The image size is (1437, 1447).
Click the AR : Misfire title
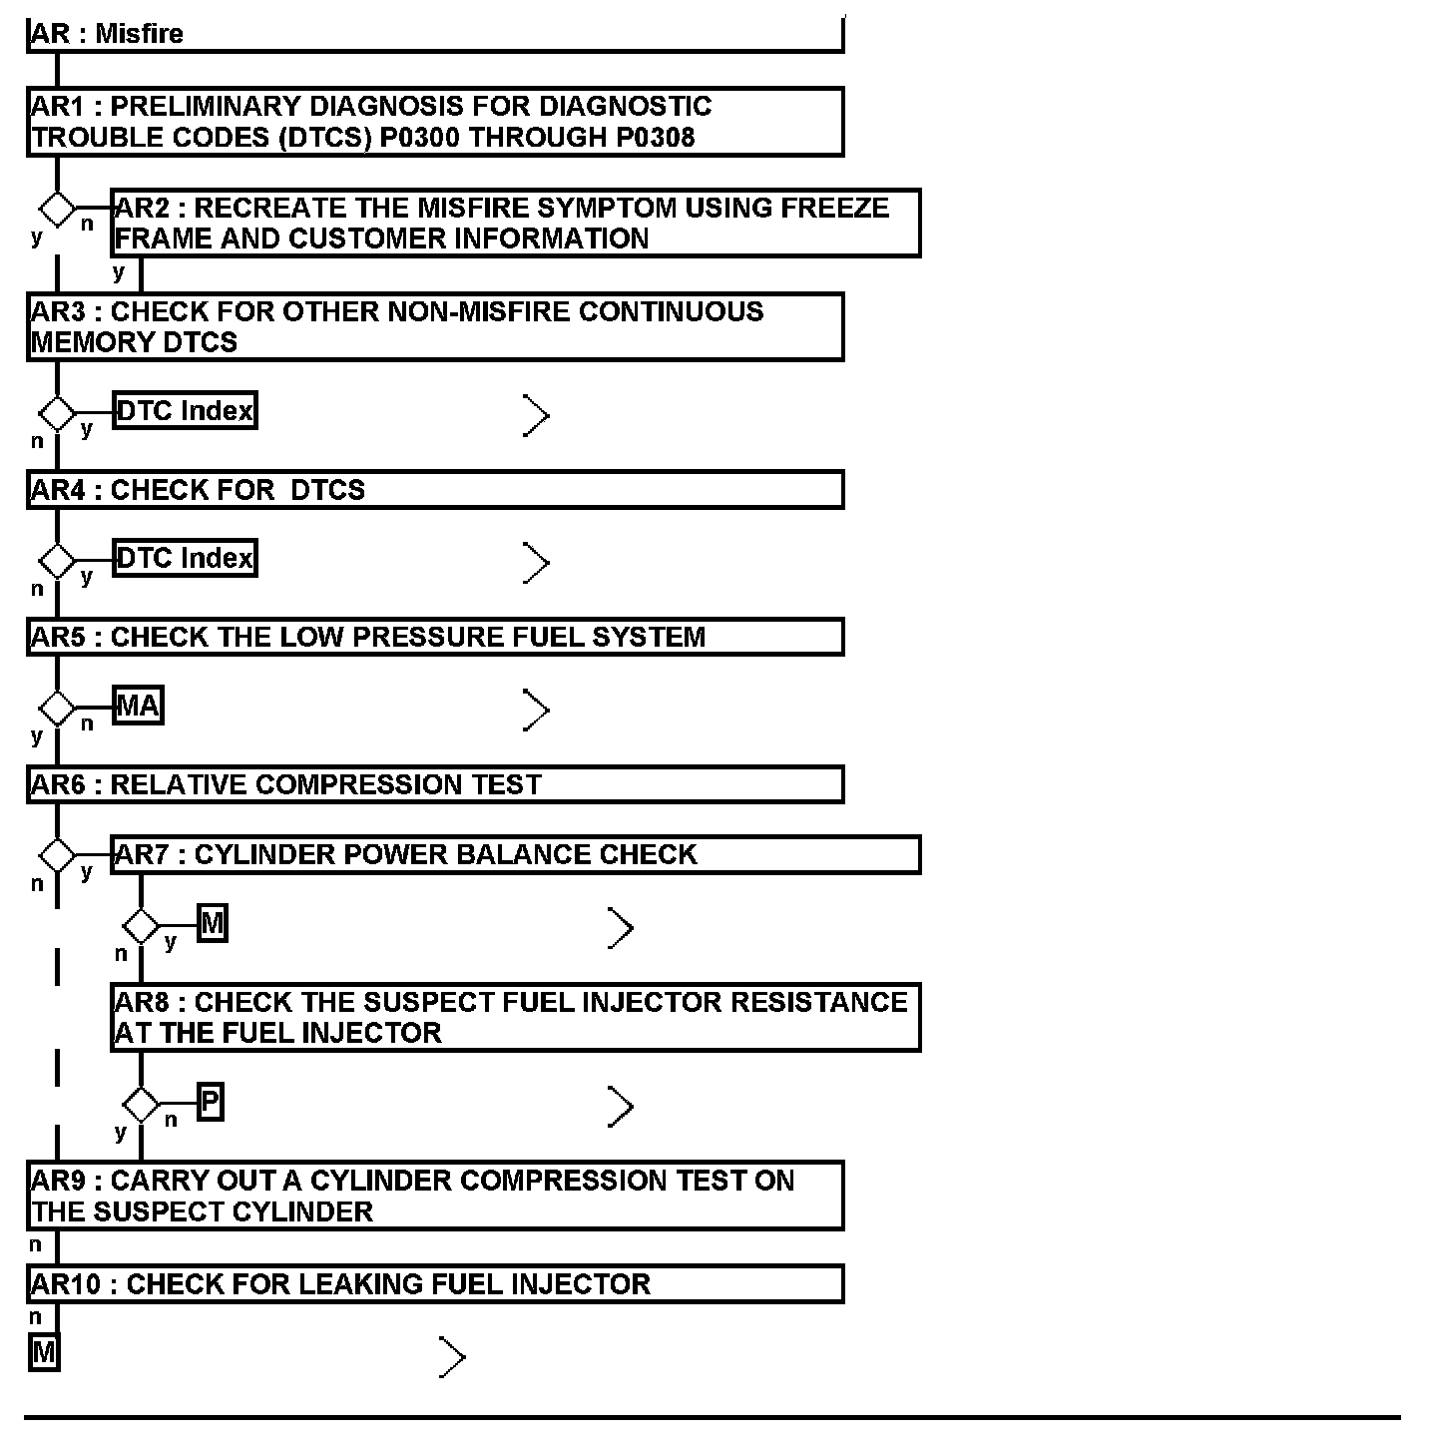point(108,34)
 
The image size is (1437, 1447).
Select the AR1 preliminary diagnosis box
point(434,122)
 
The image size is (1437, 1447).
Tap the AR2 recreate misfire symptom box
point(514,224)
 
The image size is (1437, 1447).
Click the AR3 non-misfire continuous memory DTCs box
point(434,326)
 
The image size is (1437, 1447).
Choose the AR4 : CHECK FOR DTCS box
point(434,490)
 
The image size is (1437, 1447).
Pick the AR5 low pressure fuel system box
point(434,637)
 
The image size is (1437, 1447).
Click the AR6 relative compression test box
point(434,784)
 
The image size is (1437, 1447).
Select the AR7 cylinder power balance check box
point(514,855)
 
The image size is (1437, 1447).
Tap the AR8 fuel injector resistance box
point(514,1017)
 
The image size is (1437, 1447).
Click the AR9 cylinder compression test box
point(434,1196)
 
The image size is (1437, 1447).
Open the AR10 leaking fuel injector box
point(434,1284)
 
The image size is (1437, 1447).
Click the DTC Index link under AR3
point(185,410)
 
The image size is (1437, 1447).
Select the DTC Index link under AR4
point(185,558)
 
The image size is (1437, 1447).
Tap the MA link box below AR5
point(138,706)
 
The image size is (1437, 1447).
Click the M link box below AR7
point(213,924)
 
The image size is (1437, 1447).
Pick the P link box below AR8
point(210,1102)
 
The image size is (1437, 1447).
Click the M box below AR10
point(44,1353)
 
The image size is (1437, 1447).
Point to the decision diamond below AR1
point(57,210)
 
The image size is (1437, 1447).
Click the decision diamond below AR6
point(57,855)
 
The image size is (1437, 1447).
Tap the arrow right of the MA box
point(536,711)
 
